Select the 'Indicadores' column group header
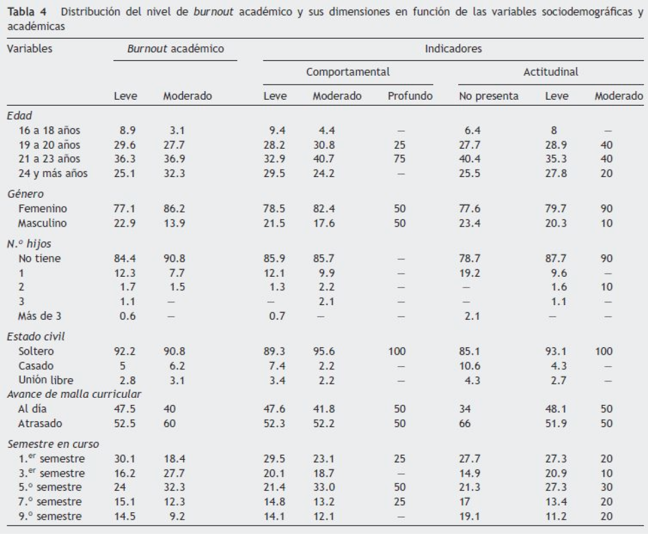pyautogui.click(x=452, y=48)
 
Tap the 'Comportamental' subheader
pyautogui.click(x=348, y=71)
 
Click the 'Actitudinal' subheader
pyautogui.click(x=550, y=71)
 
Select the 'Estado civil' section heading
pyautogui.click(x=32, y=336)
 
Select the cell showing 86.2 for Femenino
pyautogui.click(x=174, y=208)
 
